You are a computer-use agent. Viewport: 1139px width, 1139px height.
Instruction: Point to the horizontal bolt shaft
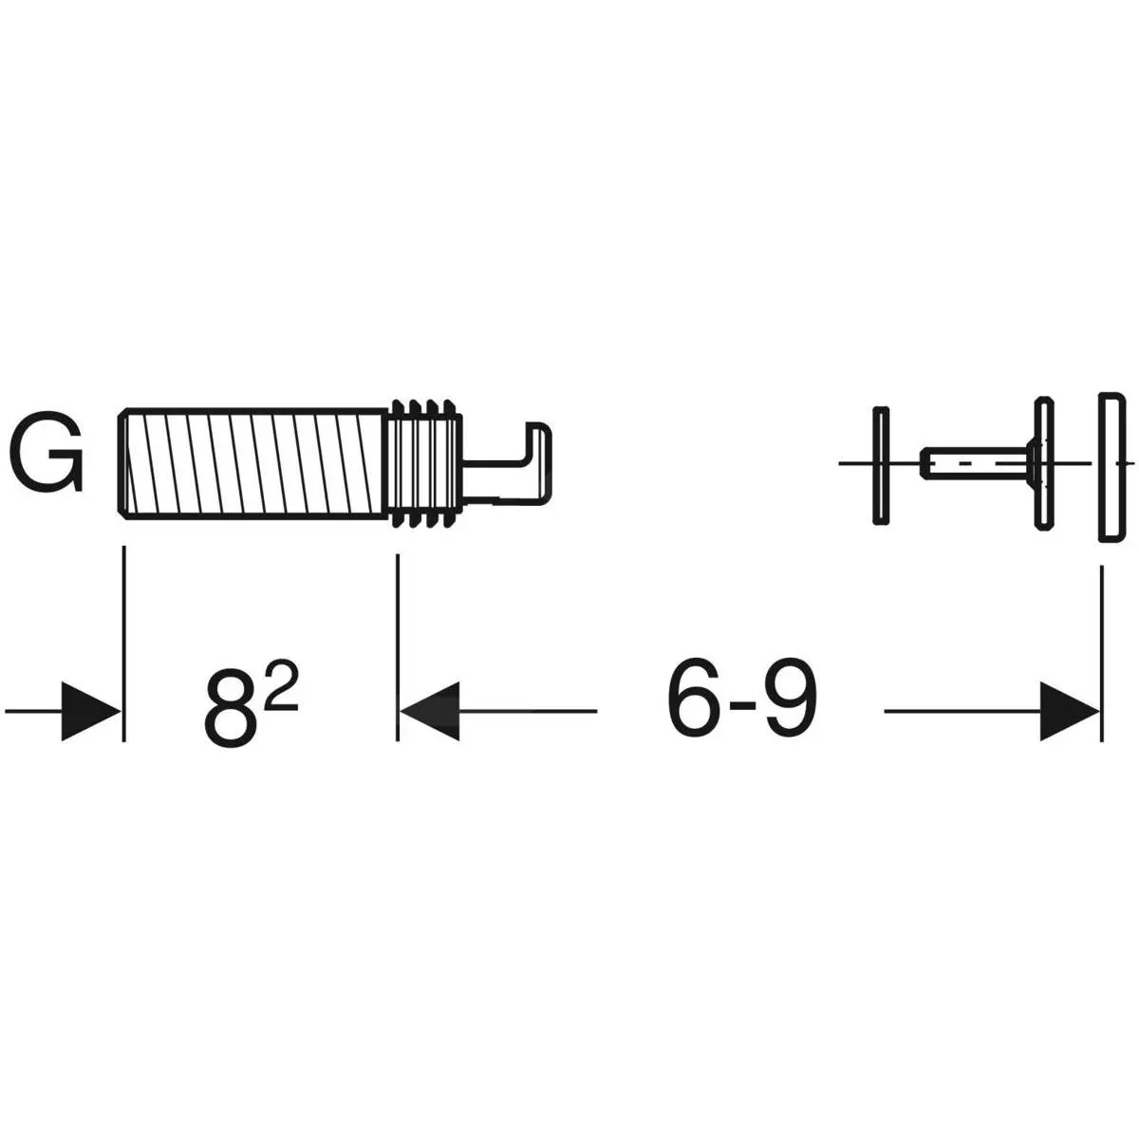[x=977, y=463]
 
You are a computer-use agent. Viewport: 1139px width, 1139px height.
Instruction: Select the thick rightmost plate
[x=1111, y=466]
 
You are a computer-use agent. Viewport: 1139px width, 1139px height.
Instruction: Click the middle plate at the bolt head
[x=1044, y=463]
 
